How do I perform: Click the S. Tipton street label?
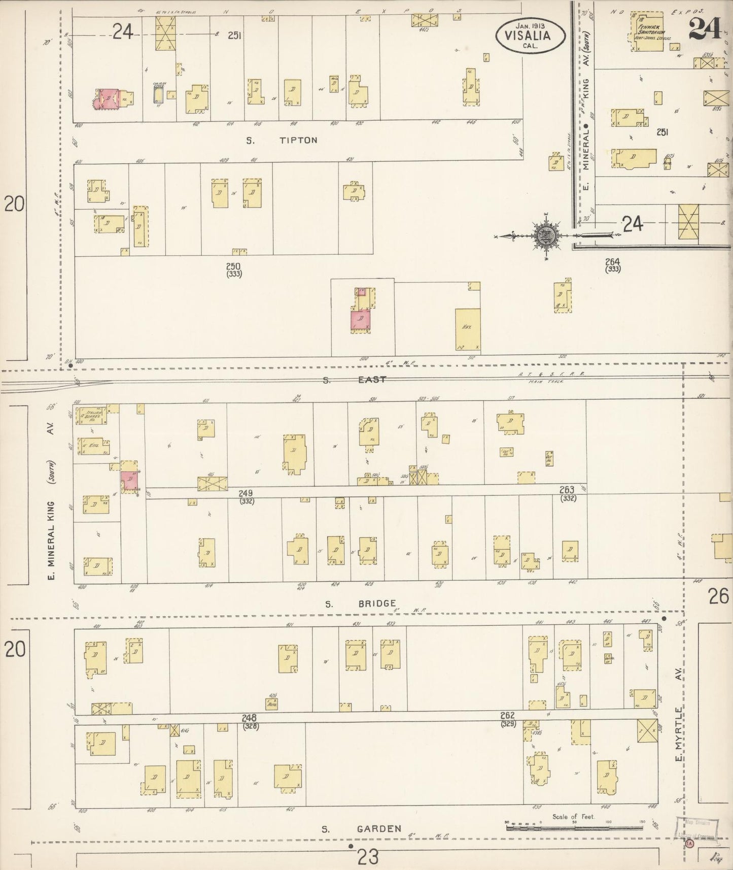pyautogui.click(x=282, y=140)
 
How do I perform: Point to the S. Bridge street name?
pyautogui.click(x=361, y=603)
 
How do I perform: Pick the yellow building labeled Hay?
pyautogui.click(x=467, y=329)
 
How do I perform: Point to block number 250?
pyautogui.click(x=234, y=266)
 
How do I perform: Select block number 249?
pyautogui.click(x=247, y=493)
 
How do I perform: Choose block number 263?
pyautogui.click(x=567, y=490)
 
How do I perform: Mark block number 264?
pyautogui.click(x=613, y=262)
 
